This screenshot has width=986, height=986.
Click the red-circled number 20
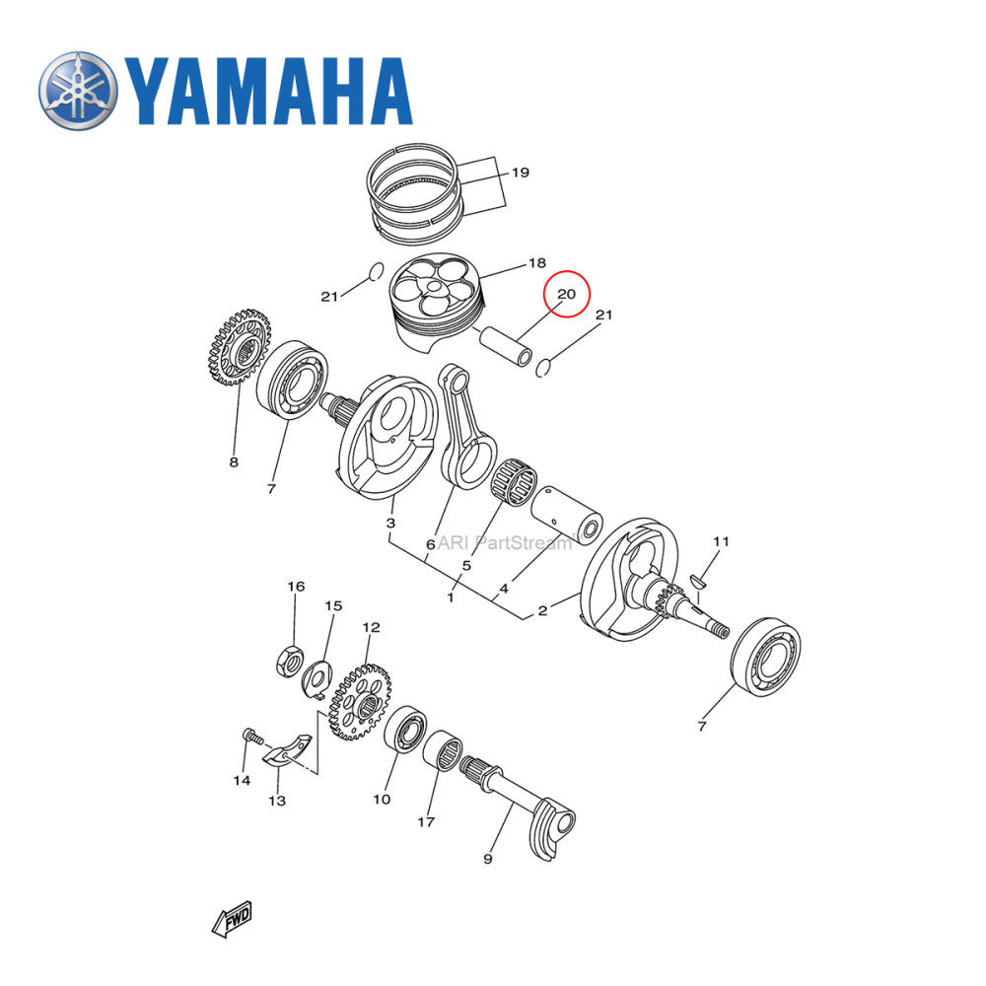pos(567,294)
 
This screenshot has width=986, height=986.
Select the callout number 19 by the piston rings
pos(520,173)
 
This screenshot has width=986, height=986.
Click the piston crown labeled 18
pos(435,290)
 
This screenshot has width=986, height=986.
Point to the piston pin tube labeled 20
pos(505,345)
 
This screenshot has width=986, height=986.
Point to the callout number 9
pos(487,860)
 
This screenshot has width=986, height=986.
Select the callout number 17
pos(426,820)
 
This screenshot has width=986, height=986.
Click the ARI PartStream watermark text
pos(505,541)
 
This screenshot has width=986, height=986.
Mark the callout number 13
pos(277,801)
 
